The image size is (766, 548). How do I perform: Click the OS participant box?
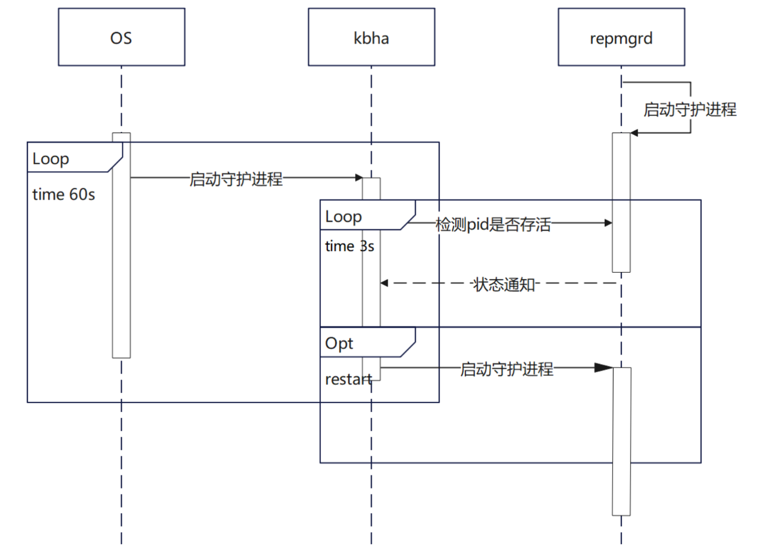pos(121,37)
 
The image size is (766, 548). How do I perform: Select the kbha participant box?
pos(371,37)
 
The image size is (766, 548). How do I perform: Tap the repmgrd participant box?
pos(621,37)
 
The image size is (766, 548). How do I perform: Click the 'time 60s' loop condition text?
pos(64,195)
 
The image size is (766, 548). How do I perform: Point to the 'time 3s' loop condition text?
pos(349,246)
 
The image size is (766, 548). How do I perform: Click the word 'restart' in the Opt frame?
pos(349,380)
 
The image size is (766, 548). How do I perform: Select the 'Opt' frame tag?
pos(339,343)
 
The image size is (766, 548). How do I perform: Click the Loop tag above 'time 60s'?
pos(51,159)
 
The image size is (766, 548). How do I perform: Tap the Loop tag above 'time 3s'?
pos(343,216)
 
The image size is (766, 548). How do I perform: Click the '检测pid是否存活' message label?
pos(493,224)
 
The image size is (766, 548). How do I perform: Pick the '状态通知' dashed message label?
pos(504,284)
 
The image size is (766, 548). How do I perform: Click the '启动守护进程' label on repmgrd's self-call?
pos(690,110)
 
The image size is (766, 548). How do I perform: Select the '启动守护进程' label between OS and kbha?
pos(236,179)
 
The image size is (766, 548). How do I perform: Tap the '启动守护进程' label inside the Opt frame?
pos(507,369)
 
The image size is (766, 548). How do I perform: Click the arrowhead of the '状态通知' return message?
pos(384,283)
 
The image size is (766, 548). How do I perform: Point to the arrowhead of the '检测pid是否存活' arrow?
pos(608,223)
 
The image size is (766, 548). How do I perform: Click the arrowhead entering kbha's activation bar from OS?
pos(359,178)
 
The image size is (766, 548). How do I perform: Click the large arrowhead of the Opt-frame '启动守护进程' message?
pos(603,368)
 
